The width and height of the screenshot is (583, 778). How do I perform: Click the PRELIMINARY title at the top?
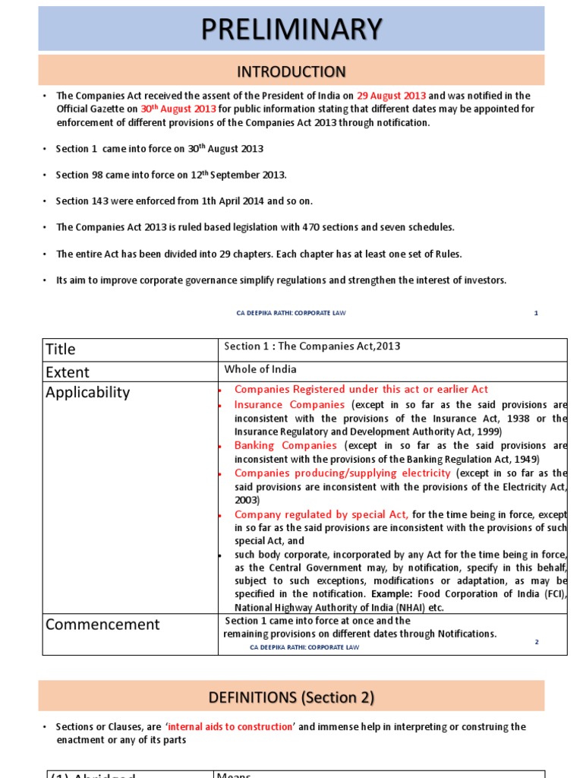click(291, 29)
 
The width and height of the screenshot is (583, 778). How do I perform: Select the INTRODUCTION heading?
click(291, 71)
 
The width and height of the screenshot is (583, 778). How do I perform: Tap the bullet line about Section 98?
click(171, 175)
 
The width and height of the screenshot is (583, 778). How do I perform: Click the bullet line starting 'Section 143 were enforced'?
click(184, 201)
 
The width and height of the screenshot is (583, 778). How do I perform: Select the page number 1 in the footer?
click(536, 313)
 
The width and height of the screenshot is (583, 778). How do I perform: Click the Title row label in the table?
click(61, 349)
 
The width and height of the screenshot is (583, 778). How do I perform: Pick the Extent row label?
click(68, 372)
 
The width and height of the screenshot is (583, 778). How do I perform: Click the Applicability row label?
click(87, 393)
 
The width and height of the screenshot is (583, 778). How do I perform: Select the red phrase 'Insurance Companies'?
click(289, 405)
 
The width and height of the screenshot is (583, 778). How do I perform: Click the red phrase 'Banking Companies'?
click(285, 446)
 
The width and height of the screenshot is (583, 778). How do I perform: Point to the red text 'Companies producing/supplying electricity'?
click(342, 473)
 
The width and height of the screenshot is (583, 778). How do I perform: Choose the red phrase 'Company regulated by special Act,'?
click(321, 514)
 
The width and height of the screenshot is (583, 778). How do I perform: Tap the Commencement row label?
click(102, 625)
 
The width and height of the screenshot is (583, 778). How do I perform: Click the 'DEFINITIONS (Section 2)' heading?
click(291, 697)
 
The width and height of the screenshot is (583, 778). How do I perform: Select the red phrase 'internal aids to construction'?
click(231, 727)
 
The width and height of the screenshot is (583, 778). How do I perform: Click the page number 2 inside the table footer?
click(536, 643)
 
